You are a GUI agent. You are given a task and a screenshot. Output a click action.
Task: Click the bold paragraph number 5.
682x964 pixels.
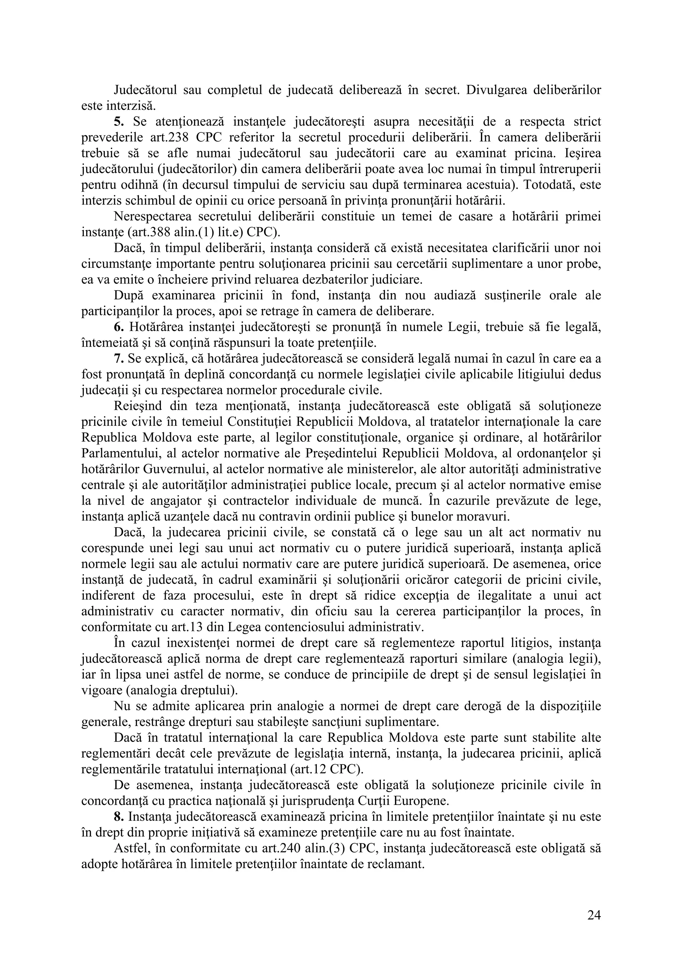(x=119, y=122)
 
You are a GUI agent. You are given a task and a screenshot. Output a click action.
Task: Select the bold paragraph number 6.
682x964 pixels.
(x=119, y=328)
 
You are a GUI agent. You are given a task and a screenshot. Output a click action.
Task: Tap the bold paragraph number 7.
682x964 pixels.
(x=119, y=359)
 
